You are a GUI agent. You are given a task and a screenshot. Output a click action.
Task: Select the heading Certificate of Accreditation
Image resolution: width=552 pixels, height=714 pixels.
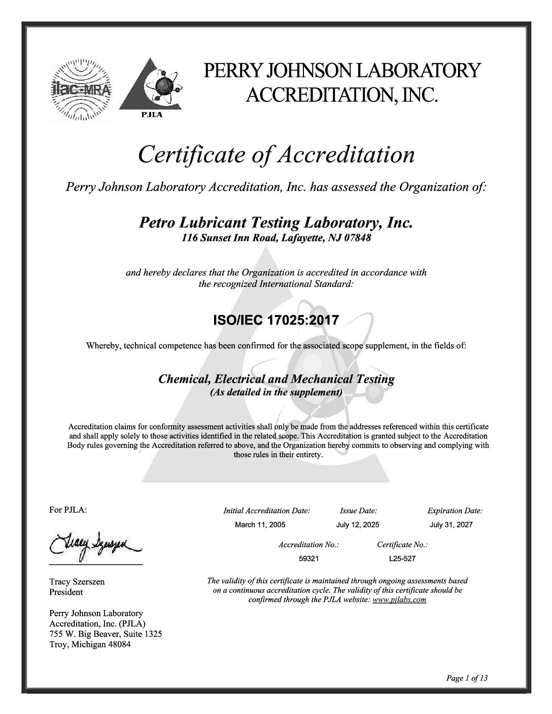coord(277,155)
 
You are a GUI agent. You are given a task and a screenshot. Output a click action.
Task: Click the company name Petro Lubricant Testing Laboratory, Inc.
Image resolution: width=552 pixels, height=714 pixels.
coord(275,223)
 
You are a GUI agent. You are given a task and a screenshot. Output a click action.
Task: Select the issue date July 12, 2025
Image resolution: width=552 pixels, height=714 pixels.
coord(358,524)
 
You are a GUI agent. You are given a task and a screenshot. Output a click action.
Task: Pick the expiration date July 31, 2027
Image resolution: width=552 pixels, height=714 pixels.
coord(451,524)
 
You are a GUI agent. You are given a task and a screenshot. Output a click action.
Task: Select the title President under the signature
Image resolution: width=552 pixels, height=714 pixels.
coord(66,592)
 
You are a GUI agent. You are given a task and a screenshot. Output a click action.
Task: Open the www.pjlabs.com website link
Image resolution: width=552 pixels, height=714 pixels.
coord(399,600)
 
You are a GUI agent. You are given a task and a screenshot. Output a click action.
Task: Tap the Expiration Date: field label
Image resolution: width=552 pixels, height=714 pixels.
coord(455,511)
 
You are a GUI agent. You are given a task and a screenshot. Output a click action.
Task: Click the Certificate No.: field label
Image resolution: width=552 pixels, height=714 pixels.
coord(402,545)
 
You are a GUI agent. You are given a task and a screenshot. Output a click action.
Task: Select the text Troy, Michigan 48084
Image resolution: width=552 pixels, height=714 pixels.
coord(90,645)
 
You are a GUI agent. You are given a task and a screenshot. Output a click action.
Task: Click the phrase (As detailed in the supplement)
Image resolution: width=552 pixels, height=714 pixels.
coord(277,392)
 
